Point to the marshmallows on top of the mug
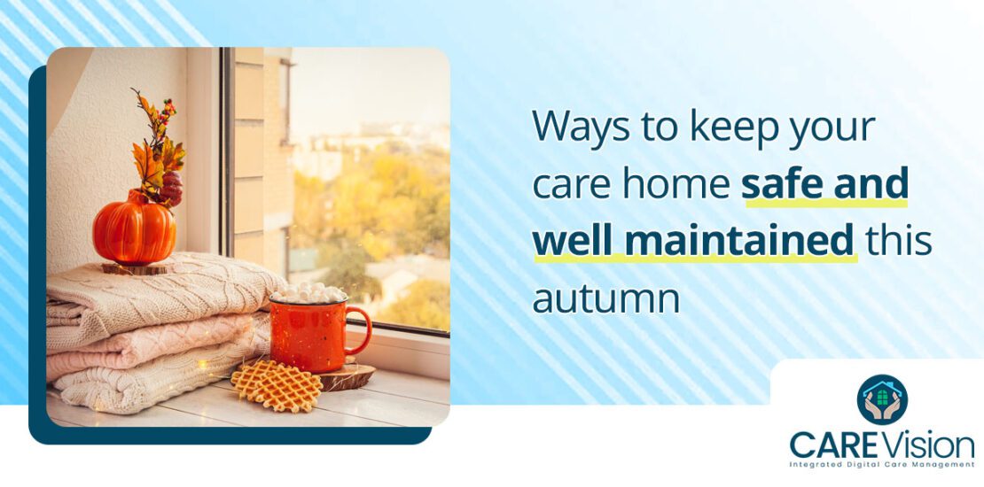(x=308, y=293)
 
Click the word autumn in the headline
(x=605, y=298)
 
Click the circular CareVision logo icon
(x=882, y=399)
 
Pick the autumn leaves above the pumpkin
(x=155, y=151)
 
